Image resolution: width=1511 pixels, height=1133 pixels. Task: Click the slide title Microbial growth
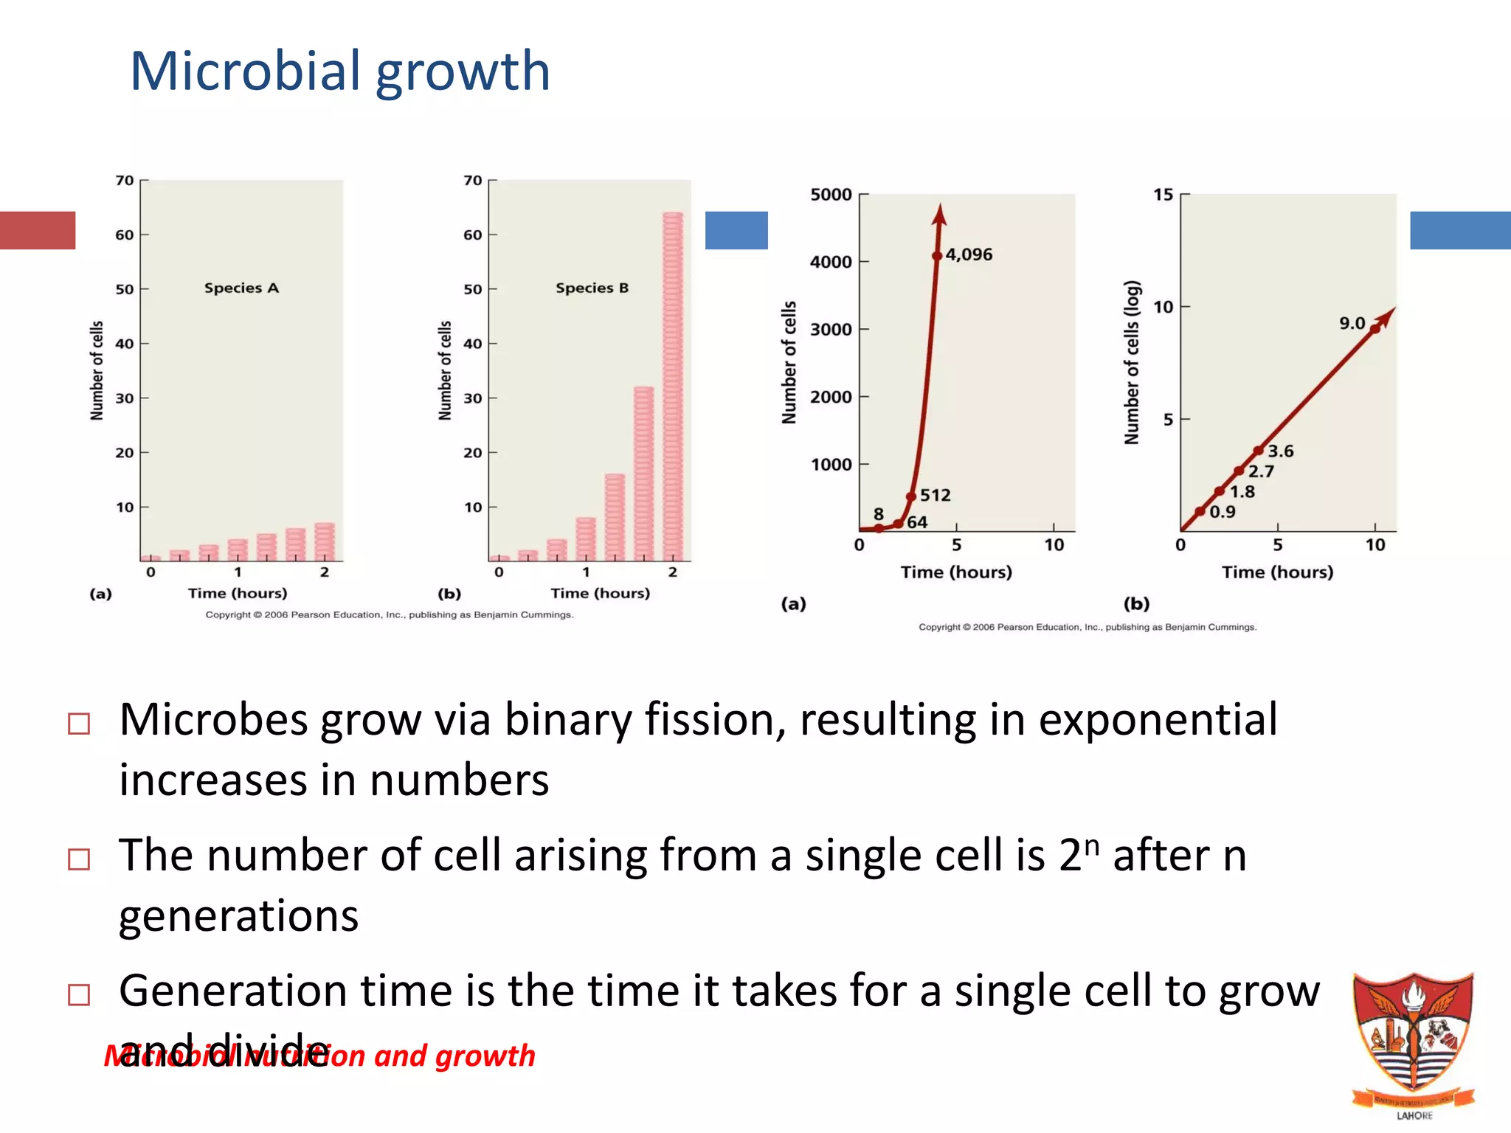pos(340,72)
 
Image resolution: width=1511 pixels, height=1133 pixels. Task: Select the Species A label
pos(241,288)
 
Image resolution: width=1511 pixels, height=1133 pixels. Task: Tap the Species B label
pos(592,288)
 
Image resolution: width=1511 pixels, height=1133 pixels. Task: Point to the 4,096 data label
pos(969,255)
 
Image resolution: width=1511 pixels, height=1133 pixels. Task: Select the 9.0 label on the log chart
pos(1352,323)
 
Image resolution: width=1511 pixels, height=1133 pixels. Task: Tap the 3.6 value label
pos(1281,451)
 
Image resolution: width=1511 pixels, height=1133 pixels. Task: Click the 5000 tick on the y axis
pos(831,195)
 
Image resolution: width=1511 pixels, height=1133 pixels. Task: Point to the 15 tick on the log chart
pos(1163,195)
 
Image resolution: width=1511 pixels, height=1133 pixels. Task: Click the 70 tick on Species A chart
pos(125,181)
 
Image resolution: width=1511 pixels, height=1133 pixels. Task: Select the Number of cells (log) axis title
pos(1132,362)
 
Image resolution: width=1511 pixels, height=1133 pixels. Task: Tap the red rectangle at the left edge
pos(38,230)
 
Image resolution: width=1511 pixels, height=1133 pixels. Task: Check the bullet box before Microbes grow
pos(79,724)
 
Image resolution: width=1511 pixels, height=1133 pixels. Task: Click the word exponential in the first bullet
pos(1158,720)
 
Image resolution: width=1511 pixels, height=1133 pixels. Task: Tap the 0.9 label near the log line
pos(1223,512)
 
